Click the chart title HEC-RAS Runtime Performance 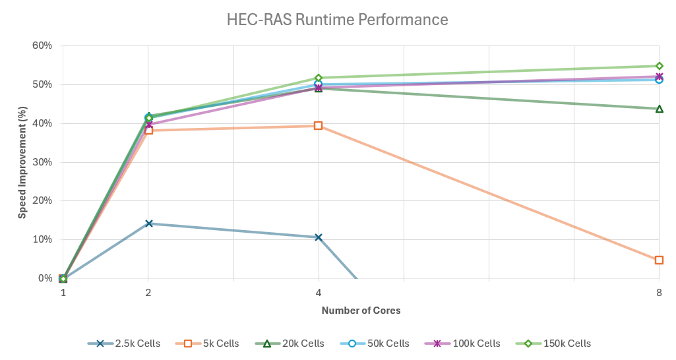tap(337, 20)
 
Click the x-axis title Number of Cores tap(361, 311)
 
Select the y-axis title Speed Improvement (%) tap(22, 161)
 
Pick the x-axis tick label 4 tap(319, 293)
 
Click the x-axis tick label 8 tap(659, 293)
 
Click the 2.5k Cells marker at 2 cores tap(148, 224)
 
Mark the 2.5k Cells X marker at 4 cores tap(319, 237)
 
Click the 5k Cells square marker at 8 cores tap(659, 260)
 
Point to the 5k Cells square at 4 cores tap(319, 126)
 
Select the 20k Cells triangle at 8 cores tap(659, 109)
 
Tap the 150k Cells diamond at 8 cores tap(659, 66)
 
